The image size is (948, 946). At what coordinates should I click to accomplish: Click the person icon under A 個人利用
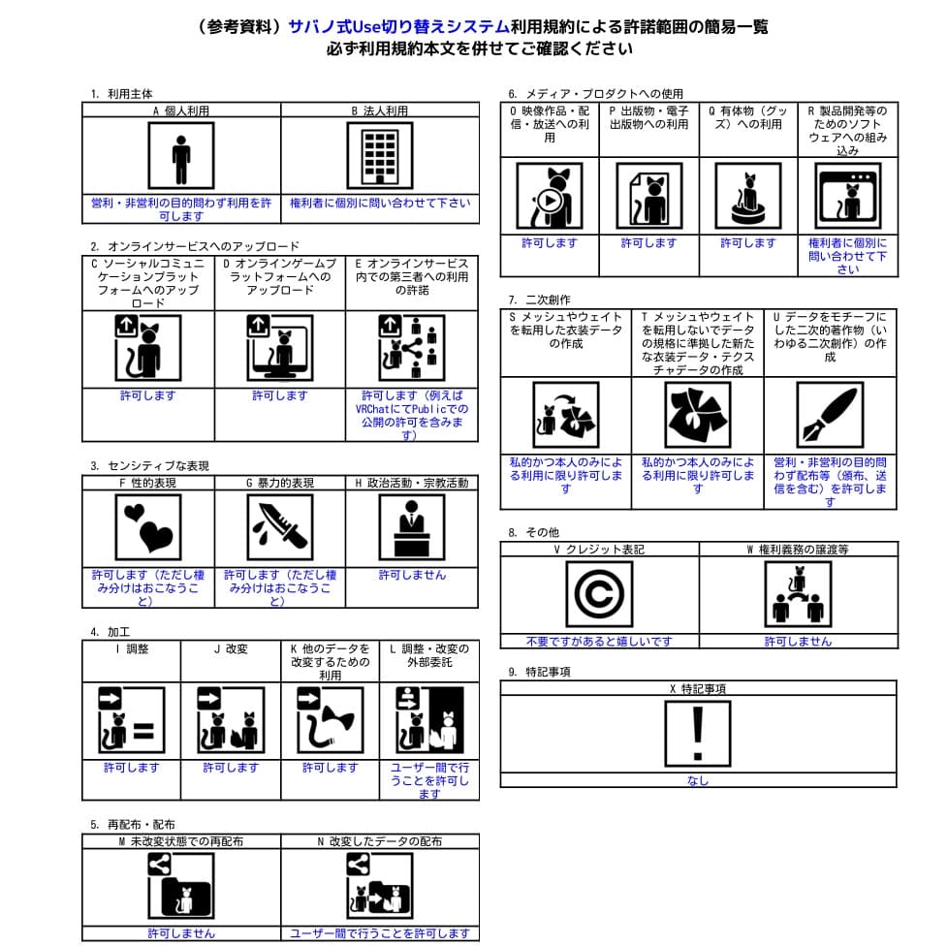(181, 155)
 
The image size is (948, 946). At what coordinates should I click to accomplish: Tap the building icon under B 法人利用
(379, 155)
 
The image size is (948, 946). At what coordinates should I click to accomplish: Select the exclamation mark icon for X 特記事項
(698, 733)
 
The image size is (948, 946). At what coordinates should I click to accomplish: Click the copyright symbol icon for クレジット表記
(598, 594)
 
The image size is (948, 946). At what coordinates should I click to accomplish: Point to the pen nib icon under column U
(829, 415)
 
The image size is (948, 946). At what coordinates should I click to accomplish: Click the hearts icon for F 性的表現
(147, 527)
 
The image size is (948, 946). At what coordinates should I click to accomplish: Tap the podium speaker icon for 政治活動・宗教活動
(411, 527)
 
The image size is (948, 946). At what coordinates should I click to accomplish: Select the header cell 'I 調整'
(131, 648)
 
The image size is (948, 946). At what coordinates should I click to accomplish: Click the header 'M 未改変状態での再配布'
(181, 841)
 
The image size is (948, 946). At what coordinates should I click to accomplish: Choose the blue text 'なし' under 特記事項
(698, 780)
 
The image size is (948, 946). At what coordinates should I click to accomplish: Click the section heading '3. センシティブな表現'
(149, 466)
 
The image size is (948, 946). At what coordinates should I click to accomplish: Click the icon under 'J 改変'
(230, 719)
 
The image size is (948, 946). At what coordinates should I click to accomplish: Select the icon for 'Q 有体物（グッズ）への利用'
(747, 195)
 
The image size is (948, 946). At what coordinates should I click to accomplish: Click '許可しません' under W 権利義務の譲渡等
(797, 641)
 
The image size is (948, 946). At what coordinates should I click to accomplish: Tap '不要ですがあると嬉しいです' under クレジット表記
(598, 641)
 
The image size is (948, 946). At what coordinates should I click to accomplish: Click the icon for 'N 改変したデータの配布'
(379, 886)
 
